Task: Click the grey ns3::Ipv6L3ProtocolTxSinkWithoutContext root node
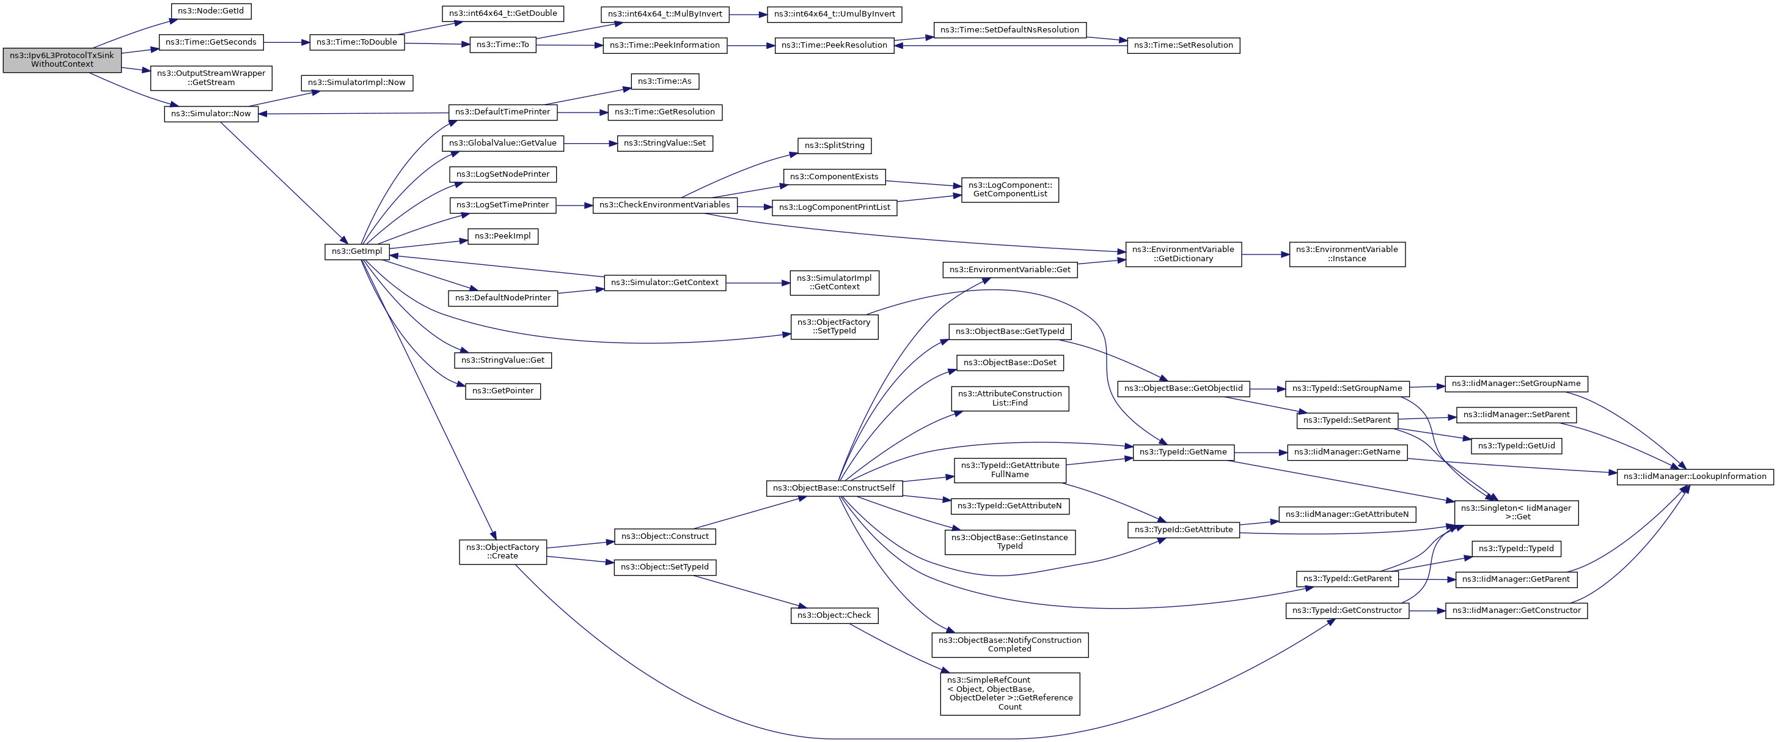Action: [x=62, y=60]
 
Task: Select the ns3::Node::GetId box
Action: [x=210, y=11]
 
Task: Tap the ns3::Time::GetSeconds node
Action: [x=210, y=42]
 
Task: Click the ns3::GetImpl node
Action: [x=357, y=251]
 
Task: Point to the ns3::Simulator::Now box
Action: [x=211, y=113]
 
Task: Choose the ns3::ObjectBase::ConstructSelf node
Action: [x=834, y=488]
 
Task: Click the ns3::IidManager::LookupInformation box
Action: [x=1695, y=477]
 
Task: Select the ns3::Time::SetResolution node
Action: [x=1183, y=45]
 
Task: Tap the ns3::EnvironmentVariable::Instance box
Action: [x=1347, y=254]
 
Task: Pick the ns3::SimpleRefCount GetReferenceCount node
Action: [x=1009, y=693]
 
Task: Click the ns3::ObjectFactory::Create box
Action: [x=502, y=552]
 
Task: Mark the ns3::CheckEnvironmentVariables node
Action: [x=664, y=205]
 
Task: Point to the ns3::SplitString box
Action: [x=834, y=146]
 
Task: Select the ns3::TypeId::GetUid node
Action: [x=1516, y=446]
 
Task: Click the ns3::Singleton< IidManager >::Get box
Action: [x=1515, y=512]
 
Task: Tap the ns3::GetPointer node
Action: [x=502, y=391]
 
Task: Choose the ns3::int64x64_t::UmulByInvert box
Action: [x=834, y=14]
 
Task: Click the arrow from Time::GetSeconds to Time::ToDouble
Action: [x=286, y=42]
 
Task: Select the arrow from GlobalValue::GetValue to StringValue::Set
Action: [x=590, y=144]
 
